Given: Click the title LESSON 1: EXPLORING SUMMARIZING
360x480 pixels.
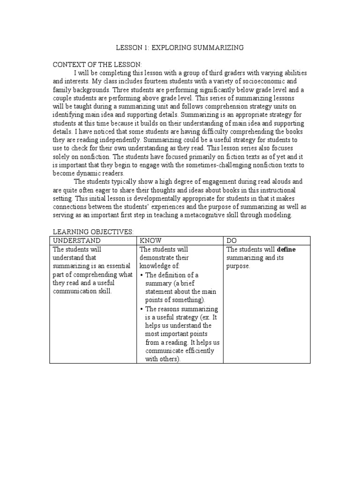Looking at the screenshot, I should click(x=180, y=48).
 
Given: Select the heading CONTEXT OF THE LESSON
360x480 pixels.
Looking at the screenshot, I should click(x=97, y=65).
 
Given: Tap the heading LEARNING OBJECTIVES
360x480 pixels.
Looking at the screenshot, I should click(x=93, y=232).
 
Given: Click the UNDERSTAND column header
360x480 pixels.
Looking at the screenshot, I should click(x=76, y=241).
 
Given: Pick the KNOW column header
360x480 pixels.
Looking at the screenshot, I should click(x=151, y=241).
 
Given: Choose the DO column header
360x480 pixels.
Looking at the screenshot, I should click(x=232, y=241).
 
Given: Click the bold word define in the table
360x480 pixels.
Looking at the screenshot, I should click(x=286, y=250).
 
